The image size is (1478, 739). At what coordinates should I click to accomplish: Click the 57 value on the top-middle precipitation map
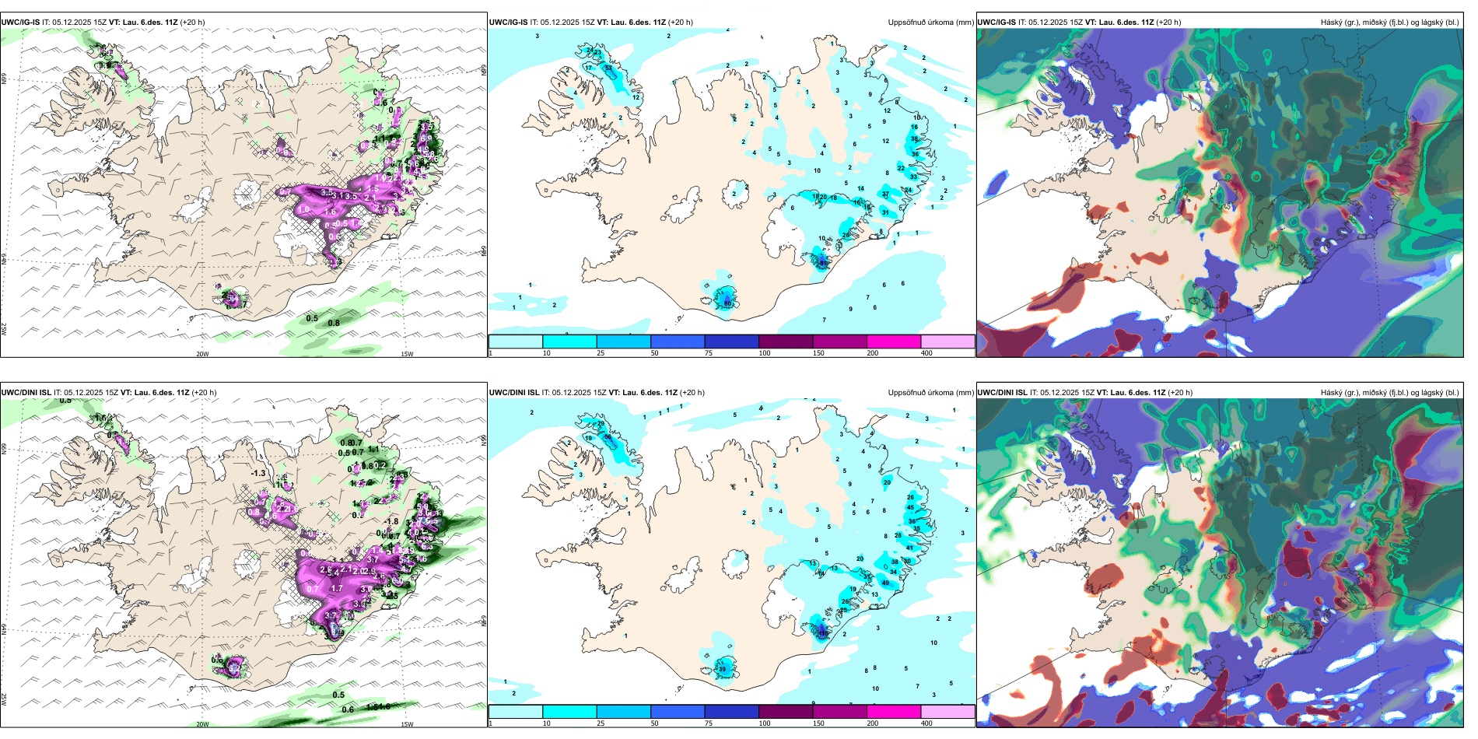[x=608, y=68]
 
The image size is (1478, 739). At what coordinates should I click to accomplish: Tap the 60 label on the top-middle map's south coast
[x=727, y=303]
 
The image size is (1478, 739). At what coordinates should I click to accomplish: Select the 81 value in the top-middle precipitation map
[x=823, y=263]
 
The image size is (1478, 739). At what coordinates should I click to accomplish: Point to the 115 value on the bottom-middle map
[x=822, y=633]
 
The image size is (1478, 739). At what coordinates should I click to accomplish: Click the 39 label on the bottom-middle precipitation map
[x=722, y=669]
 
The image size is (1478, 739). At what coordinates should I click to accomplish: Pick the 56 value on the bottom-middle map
[x=608, y=437]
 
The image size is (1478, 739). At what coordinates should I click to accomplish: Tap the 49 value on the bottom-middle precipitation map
[x=885, y=583]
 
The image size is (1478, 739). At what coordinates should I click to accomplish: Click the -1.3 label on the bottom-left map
[x=258, y=473]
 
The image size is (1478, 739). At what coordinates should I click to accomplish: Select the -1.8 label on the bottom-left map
[x=391, y=522]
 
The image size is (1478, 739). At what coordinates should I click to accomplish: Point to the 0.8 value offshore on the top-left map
[x=334, y=323]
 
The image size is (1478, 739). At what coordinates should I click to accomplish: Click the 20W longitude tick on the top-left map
[x=202, y=354]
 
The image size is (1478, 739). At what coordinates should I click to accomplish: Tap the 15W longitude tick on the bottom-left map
[x=407, y=724]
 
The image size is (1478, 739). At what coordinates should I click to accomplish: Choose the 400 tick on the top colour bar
[x=926, y=353]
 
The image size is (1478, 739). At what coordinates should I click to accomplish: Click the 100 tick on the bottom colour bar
[x=765, y=723]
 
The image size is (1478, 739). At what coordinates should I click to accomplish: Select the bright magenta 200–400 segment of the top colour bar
[x=894, y=341]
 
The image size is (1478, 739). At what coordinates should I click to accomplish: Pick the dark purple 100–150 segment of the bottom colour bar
[x=786, y=712]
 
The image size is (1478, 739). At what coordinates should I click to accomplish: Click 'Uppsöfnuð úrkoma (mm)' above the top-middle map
[x=930, y=23]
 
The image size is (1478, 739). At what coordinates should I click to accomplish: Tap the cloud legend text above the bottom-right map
[x=1389, y=393]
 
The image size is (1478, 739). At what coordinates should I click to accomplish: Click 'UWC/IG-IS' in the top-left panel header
[x=20, y=23]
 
